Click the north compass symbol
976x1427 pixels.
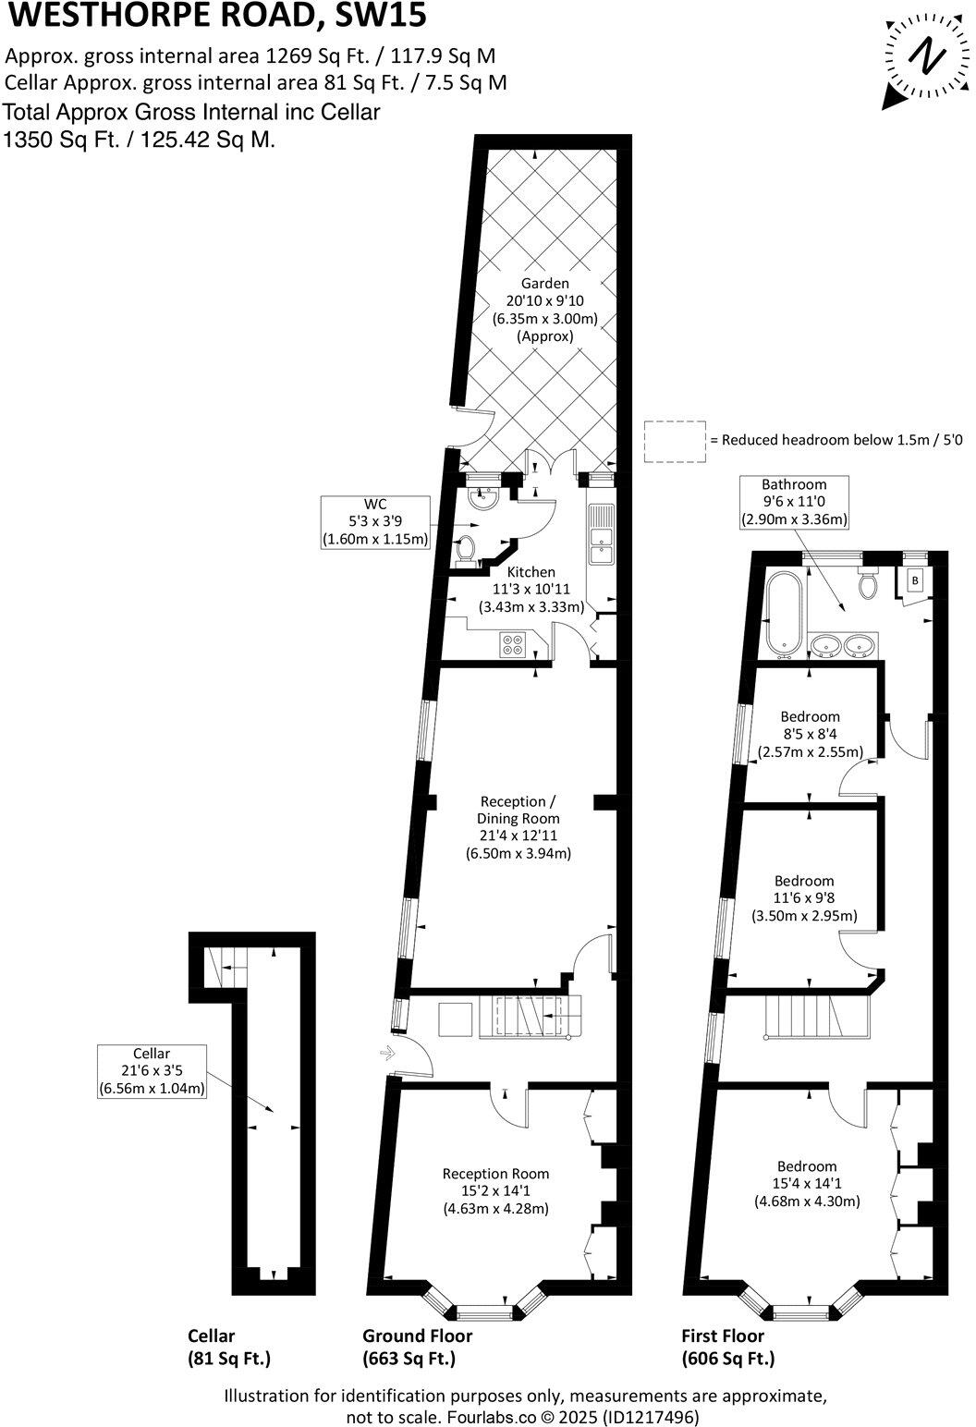[921, 58]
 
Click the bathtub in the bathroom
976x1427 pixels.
[781, 613]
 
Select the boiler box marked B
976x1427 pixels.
[915, 580]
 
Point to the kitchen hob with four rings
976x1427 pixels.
[512, 644]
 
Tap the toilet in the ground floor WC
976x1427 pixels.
[468, 549]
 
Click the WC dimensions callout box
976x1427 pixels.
[375, 522]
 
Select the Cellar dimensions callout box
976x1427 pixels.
[152, 1070]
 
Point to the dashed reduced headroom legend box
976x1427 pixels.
[674, 441]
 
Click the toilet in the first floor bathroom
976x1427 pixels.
[867, 582]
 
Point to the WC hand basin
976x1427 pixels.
[481, 500]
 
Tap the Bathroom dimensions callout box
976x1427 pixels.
[794, 501]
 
